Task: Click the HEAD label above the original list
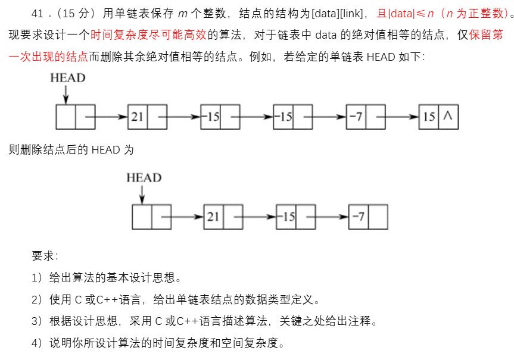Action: click(67, 78)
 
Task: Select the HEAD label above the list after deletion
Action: click(144, 177)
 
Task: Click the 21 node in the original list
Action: click(138, 117)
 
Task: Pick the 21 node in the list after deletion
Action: click(213, 217)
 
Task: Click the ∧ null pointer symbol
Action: click(448, 117)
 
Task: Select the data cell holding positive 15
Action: click(429, 117)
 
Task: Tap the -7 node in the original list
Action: click(356, 117)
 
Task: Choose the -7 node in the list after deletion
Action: click(358, 217)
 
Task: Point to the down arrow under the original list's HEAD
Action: click(66, 95)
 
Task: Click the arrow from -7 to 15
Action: click(400, 117)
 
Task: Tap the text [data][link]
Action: click(337, 12)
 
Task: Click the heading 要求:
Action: click(45, 256)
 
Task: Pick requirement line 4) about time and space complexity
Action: click(158, 343)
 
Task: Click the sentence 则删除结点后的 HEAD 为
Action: click(72, 149)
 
